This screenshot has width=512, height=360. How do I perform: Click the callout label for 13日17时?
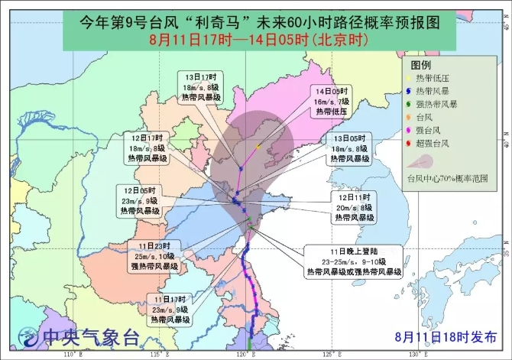(200, 87)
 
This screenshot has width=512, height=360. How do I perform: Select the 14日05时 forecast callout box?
(332, 100)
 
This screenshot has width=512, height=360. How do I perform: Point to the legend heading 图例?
(421, 65)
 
